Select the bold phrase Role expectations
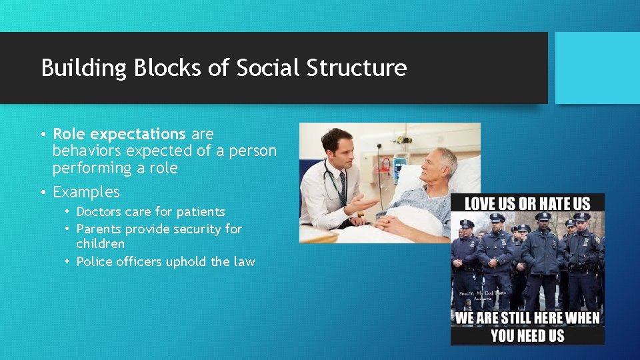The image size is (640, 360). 119,134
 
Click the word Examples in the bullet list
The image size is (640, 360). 86,192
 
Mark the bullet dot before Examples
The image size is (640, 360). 43,193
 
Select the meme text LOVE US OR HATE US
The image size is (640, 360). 527,204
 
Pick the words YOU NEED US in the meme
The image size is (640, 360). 527,335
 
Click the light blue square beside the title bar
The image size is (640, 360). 597,68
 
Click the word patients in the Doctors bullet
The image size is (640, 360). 199,212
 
